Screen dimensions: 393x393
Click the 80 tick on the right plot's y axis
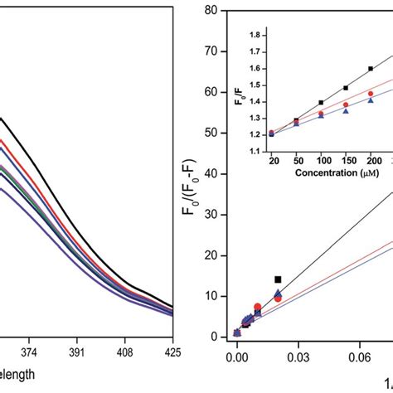pos(211,11)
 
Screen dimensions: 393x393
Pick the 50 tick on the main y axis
pos(211,133)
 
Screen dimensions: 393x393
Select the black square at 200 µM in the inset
pos(370,69)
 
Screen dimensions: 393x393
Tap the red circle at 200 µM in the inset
pos(370,93)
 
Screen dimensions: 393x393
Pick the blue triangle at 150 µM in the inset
pos(346,110)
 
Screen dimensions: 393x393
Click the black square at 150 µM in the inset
pos(346,88)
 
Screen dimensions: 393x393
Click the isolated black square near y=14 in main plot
pos(278,279)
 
